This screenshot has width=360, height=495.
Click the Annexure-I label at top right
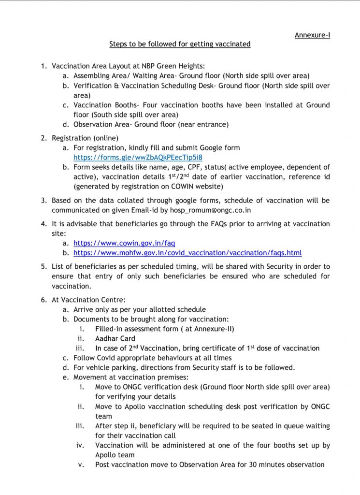pyautogui.click(x=312, y=35)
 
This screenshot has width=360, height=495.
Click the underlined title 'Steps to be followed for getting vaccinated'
pyautogui.click(x=180, y=44)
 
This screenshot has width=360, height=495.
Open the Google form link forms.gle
pyautogui.click(x=138, y=157)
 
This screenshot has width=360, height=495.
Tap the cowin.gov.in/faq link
pyautogui.click(x=124, y=243)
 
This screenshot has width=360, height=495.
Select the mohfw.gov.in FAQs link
pyautogui.click(x=187, y=253)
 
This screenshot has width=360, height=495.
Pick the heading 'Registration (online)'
pyautogui.click(x=85, y=138)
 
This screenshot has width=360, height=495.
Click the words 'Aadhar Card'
pyautogui.click(x=115, y=338)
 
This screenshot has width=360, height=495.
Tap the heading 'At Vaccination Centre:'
pyautogui.click(x=88, y=300)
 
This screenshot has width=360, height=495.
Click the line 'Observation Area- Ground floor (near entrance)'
pyautogui.click(x=151, y=124)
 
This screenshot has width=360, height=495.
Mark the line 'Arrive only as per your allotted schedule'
pyautogui.click(x=139, y=309)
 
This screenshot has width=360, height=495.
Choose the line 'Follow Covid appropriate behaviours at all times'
pyautogui.click(x=152, y=358)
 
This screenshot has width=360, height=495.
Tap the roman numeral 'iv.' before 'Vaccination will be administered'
pyautogui.click(x=80, y=445)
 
